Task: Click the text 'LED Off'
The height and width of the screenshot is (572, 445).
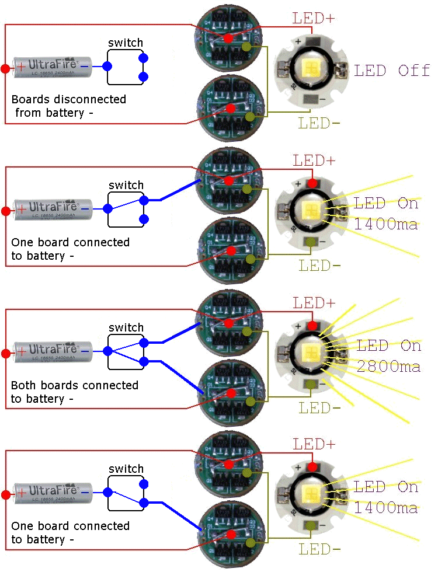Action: [x=392, y=71]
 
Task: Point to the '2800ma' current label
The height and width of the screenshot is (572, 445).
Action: [x=388, y=367]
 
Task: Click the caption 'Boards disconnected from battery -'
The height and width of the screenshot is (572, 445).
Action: [x=69, y=106]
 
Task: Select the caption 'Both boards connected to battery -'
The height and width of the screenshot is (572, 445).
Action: [x=75, y=392]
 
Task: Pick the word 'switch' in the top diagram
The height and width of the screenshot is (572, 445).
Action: [x=126, y=43]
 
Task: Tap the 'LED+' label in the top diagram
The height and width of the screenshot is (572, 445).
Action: [x=314, y=18]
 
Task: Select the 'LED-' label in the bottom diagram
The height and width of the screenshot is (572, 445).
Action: [x=319, y=549]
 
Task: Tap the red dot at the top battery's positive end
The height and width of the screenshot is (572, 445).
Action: [x=5, y=69]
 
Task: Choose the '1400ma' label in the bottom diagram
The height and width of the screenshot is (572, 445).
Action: [x=385, y=508]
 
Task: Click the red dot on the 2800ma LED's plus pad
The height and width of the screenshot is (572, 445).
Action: [x=312, y=325]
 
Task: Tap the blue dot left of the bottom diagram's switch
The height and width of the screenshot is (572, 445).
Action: [x=108, y=491]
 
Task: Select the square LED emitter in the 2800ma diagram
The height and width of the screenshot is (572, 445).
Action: [x=311, y=353]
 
